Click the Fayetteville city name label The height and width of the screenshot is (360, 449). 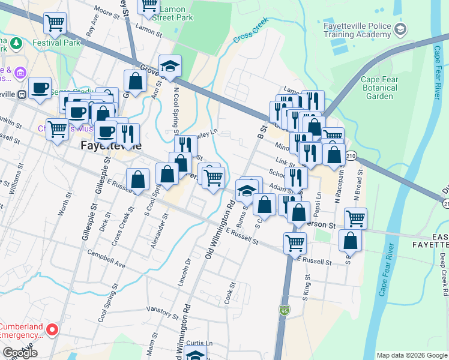[x=111, y=146]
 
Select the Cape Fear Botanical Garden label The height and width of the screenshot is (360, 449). [x=380, y=88]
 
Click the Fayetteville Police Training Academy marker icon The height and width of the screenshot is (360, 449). [x=401, y=29]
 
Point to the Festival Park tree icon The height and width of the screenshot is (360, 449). [x=16, y=43]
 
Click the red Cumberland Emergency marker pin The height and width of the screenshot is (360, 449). [x=52, y=329]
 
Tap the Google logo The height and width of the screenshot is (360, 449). [x=20, y=353]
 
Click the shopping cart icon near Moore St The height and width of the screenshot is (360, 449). [x=55, y=23]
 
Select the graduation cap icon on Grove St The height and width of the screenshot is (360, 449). [x=170, y=66]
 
